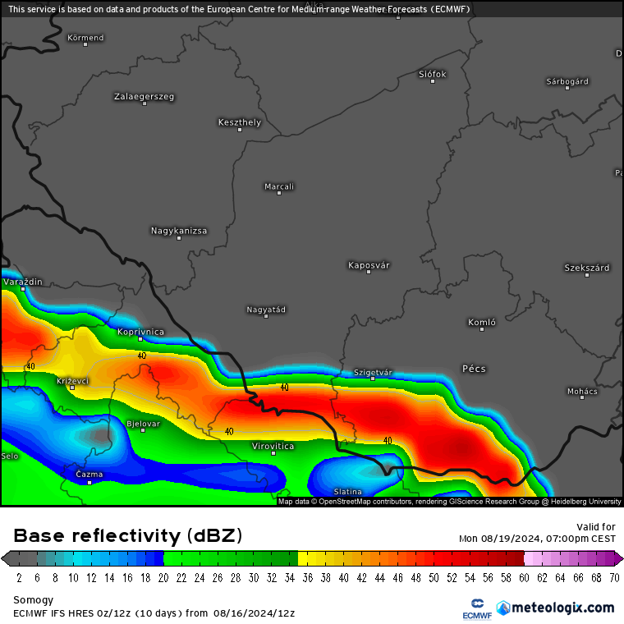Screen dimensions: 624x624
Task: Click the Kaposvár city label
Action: coord(369,265)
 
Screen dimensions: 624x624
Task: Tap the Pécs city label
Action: coord(474,369)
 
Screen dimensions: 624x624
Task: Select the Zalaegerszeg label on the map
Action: coord(144,96)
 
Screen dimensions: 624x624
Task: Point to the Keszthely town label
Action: coord(239,122)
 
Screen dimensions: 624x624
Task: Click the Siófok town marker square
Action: coord(433,81)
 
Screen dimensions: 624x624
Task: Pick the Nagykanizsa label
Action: coord(179,231)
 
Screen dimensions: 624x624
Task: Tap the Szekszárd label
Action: coord(586,268)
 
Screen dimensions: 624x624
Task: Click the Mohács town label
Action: coord(582,391)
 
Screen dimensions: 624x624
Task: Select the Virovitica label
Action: coord(273,445)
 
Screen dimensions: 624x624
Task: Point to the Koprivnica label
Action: coord(140,331)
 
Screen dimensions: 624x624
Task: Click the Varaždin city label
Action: coord(22,282)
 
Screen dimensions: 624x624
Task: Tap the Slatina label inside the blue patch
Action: coord(347,492)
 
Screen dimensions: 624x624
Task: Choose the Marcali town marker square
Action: coord(279,193)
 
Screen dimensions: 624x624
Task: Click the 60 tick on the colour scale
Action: coord(525,577)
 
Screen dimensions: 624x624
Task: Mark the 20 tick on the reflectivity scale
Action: coord(163,577)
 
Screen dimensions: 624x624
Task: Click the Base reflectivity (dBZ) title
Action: coord(128,536)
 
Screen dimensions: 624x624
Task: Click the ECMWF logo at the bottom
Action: coord(476,608)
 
